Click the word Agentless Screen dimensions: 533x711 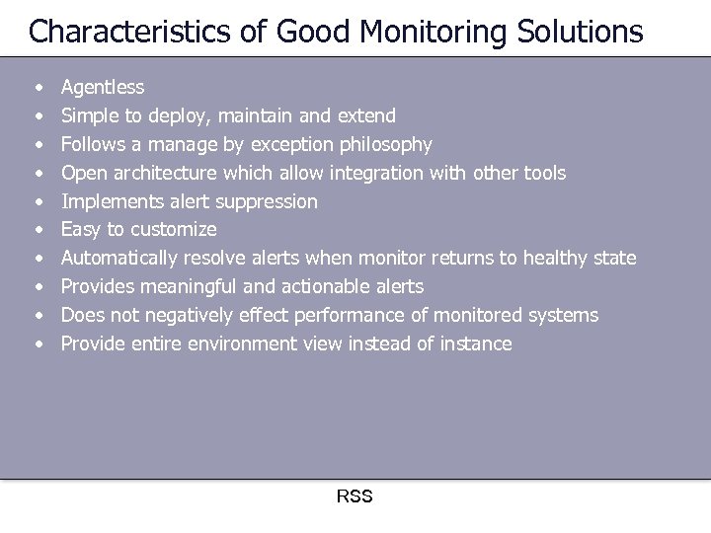coord(103,88)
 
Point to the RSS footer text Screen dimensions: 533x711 coord(355,496)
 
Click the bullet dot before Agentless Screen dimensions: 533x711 coord(38,89)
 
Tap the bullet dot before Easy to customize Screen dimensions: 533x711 coord(38,230)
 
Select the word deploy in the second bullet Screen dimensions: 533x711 coord(190,116)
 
